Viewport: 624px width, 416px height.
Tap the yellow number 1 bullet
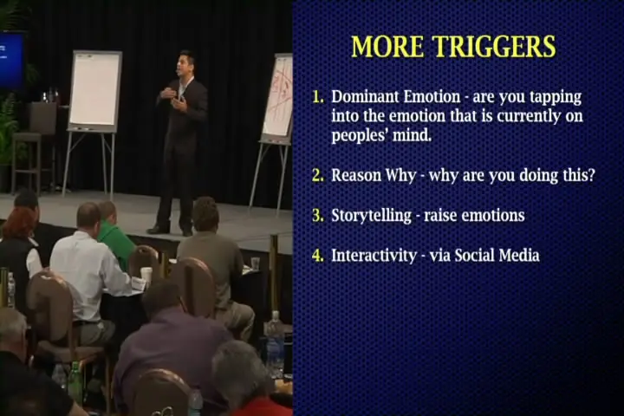click(317, 97)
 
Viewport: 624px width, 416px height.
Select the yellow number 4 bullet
click(317, 256)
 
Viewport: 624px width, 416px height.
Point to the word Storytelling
click(371, 216)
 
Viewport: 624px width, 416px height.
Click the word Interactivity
click(374, 255)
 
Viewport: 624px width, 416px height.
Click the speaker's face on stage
click(185, 64)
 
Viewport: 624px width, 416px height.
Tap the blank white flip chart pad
click(94, 89)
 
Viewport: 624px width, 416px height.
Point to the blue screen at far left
click(10, 60)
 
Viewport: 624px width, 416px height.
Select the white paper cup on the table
click(146, 275)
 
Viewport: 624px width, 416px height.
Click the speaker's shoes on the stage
click(170, 231)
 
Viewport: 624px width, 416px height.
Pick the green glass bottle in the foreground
click(75, 383)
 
